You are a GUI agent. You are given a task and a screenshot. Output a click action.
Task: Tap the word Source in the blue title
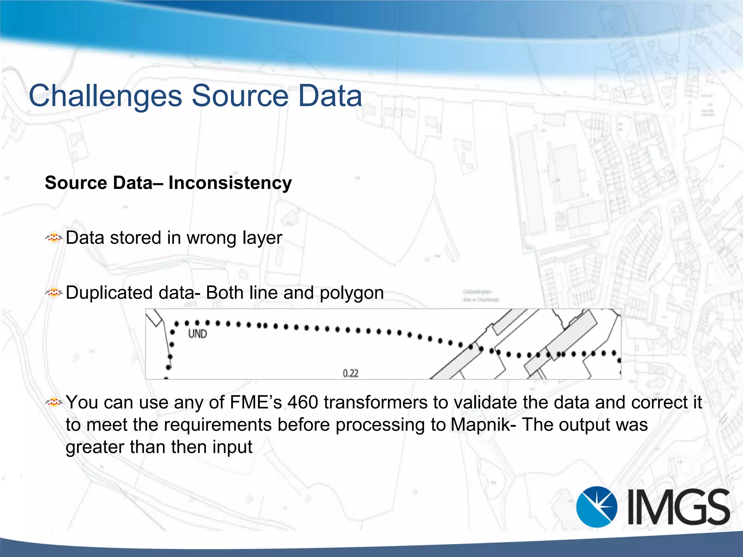point(240,96)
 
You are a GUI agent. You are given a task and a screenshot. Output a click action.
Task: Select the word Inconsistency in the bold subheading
point(230,183)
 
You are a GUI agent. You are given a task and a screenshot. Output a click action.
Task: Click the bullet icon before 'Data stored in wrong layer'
point(54,238)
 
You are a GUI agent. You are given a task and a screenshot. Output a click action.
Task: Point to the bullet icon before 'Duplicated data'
point(54,292)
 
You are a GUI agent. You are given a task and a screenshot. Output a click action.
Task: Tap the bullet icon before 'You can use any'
point(54,402)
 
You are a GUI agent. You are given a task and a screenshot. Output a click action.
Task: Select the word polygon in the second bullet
point(352,293)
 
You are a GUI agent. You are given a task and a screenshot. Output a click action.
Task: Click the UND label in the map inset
point(197,334)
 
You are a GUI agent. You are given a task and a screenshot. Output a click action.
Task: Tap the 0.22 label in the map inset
point(350,373)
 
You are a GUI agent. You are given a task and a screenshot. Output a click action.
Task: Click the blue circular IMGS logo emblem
point(596,507)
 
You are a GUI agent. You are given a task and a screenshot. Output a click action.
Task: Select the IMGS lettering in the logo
point(678,507)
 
